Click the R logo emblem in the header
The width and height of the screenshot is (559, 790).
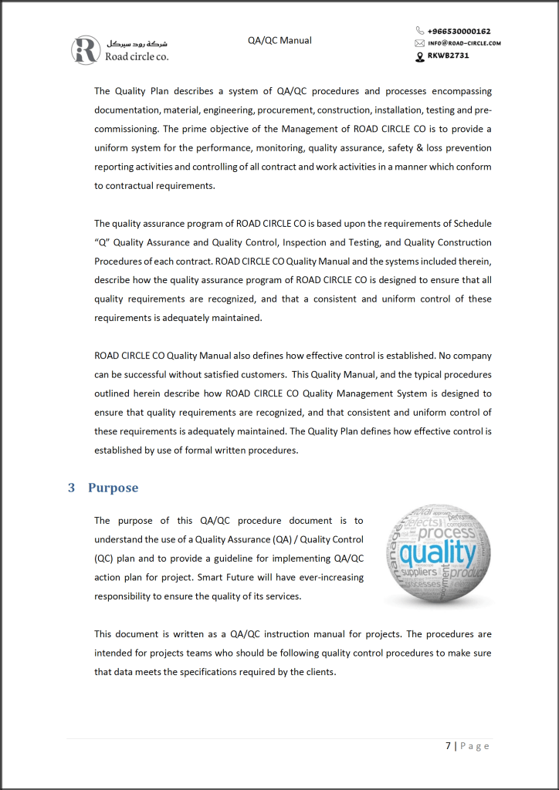85,49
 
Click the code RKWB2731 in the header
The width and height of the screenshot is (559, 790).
449,56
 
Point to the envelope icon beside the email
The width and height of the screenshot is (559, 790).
420,43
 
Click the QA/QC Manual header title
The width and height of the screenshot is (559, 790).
279,40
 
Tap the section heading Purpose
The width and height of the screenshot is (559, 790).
113,488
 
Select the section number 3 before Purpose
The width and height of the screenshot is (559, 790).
72,488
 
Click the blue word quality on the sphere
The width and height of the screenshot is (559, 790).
438,553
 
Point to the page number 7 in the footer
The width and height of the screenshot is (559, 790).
449,746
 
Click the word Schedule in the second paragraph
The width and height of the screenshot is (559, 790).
471,224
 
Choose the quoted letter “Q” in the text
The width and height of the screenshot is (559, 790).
102,242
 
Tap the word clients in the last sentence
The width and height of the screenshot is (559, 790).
319,671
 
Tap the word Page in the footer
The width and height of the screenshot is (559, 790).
475,746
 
